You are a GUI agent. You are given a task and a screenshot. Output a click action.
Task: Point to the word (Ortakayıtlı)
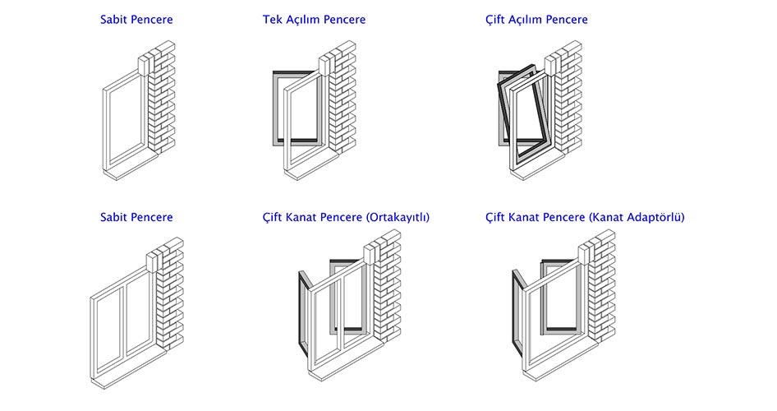pos(392,218)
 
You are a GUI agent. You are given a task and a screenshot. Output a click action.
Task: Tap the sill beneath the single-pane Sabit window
pos(127,173)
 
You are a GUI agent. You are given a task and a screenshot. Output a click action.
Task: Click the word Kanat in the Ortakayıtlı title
pos(315,218)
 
